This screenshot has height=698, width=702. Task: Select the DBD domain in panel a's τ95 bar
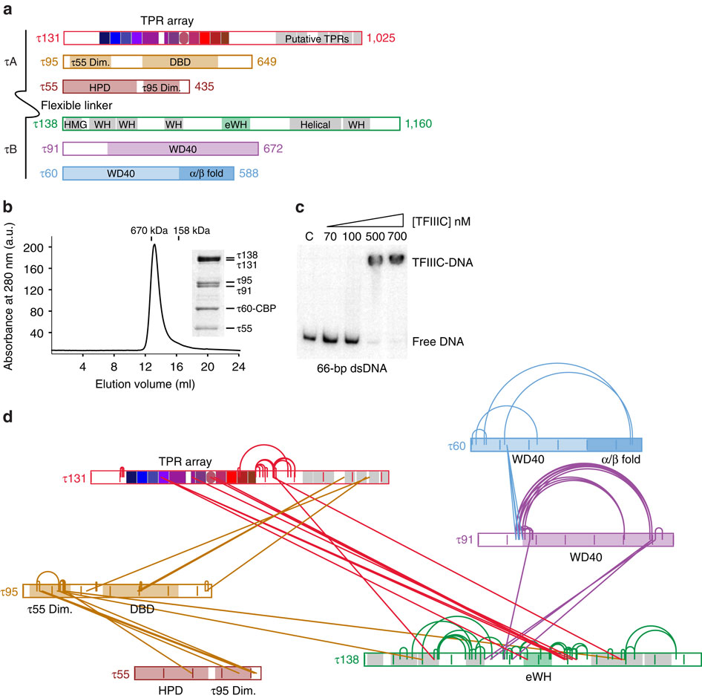click(180, 62)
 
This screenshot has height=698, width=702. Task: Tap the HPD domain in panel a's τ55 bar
click(99, 87)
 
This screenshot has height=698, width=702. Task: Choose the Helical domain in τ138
click(315, 124)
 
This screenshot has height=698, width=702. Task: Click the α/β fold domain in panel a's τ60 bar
click(206, 174)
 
